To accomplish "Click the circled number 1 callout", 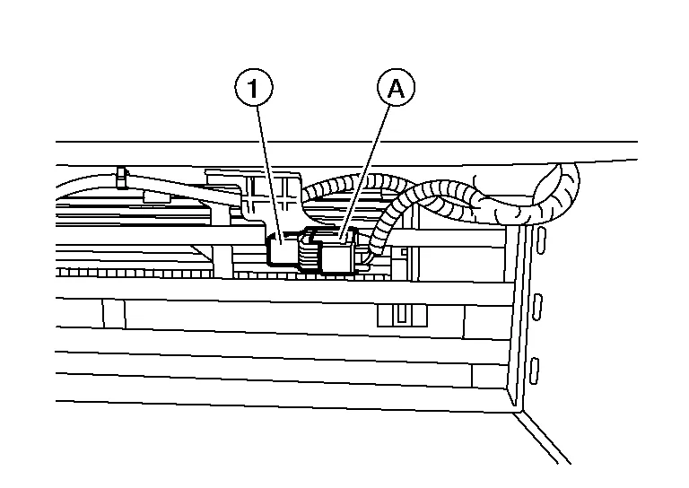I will click(x=254, y=90).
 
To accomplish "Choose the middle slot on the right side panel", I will click(x=538, y=305).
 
